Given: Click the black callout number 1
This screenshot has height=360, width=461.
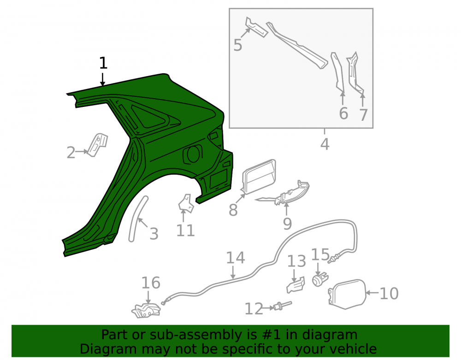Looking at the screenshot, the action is [103, 63].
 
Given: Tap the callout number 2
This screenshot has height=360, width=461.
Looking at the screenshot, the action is [71, 153].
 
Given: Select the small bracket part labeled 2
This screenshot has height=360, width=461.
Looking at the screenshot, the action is [98, 145].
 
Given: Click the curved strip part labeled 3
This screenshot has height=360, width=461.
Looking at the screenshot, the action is [137, 219].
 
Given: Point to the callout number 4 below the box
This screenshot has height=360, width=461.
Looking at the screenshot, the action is [325, 144].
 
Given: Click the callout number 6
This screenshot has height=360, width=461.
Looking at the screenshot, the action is [343, 113].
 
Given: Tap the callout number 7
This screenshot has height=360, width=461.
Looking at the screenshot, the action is [363, 115].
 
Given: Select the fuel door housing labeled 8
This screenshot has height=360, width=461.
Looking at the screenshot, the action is [259, 177].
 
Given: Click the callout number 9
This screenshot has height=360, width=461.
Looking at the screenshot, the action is [287, 224].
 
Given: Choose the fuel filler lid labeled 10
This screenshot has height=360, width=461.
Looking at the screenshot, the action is [347, 294].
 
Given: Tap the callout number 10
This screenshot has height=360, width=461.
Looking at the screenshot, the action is [389, 293].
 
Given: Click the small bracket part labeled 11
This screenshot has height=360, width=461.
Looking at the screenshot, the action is [186, 203].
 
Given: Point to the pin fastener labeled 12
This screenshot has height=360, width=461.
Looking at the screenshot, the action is [283, 306].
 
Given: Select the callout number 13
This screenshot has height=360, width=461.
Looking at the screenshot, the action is [296, 261].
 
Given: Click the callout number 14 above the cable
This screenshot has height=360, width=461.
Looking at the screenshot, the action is [236, 258].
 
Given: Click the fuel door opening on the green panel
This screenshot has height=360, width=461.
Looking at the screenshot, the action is [193, 154].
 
